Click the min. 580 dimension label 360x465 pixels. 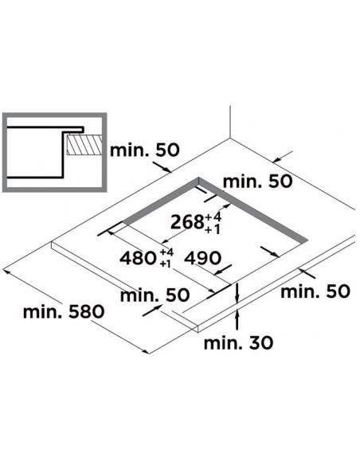(64, 312)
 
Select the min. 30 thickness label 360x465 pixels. (238, 343)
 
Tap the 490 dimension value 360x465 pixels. (203, 258)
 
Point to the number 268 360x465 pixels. (188, 222)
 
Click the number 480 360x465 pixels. (139, 258)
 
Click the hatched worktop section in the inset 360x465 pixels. (84, 145)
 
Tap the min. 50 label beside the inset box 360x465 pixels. (145, 150)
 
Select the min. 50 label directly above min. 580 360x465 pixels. (155, 295)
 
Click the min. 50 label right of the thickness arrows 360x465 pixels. (315, 291)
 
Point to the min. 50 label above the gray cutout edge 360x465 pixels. (258, 182)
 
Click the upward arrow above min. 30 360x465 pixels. (237, 320)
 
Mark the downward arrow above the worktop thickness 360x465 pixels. (237, 294)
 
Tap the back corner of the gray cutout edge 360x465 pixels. (199, 178)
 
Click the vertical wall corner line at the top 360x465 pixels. (230, 122)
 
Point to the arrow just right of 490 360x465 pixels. (222, 270)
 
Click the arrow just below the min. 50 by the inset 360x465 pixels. (162, 167)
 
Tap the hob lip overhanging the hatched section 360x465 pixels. (73, 129)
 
